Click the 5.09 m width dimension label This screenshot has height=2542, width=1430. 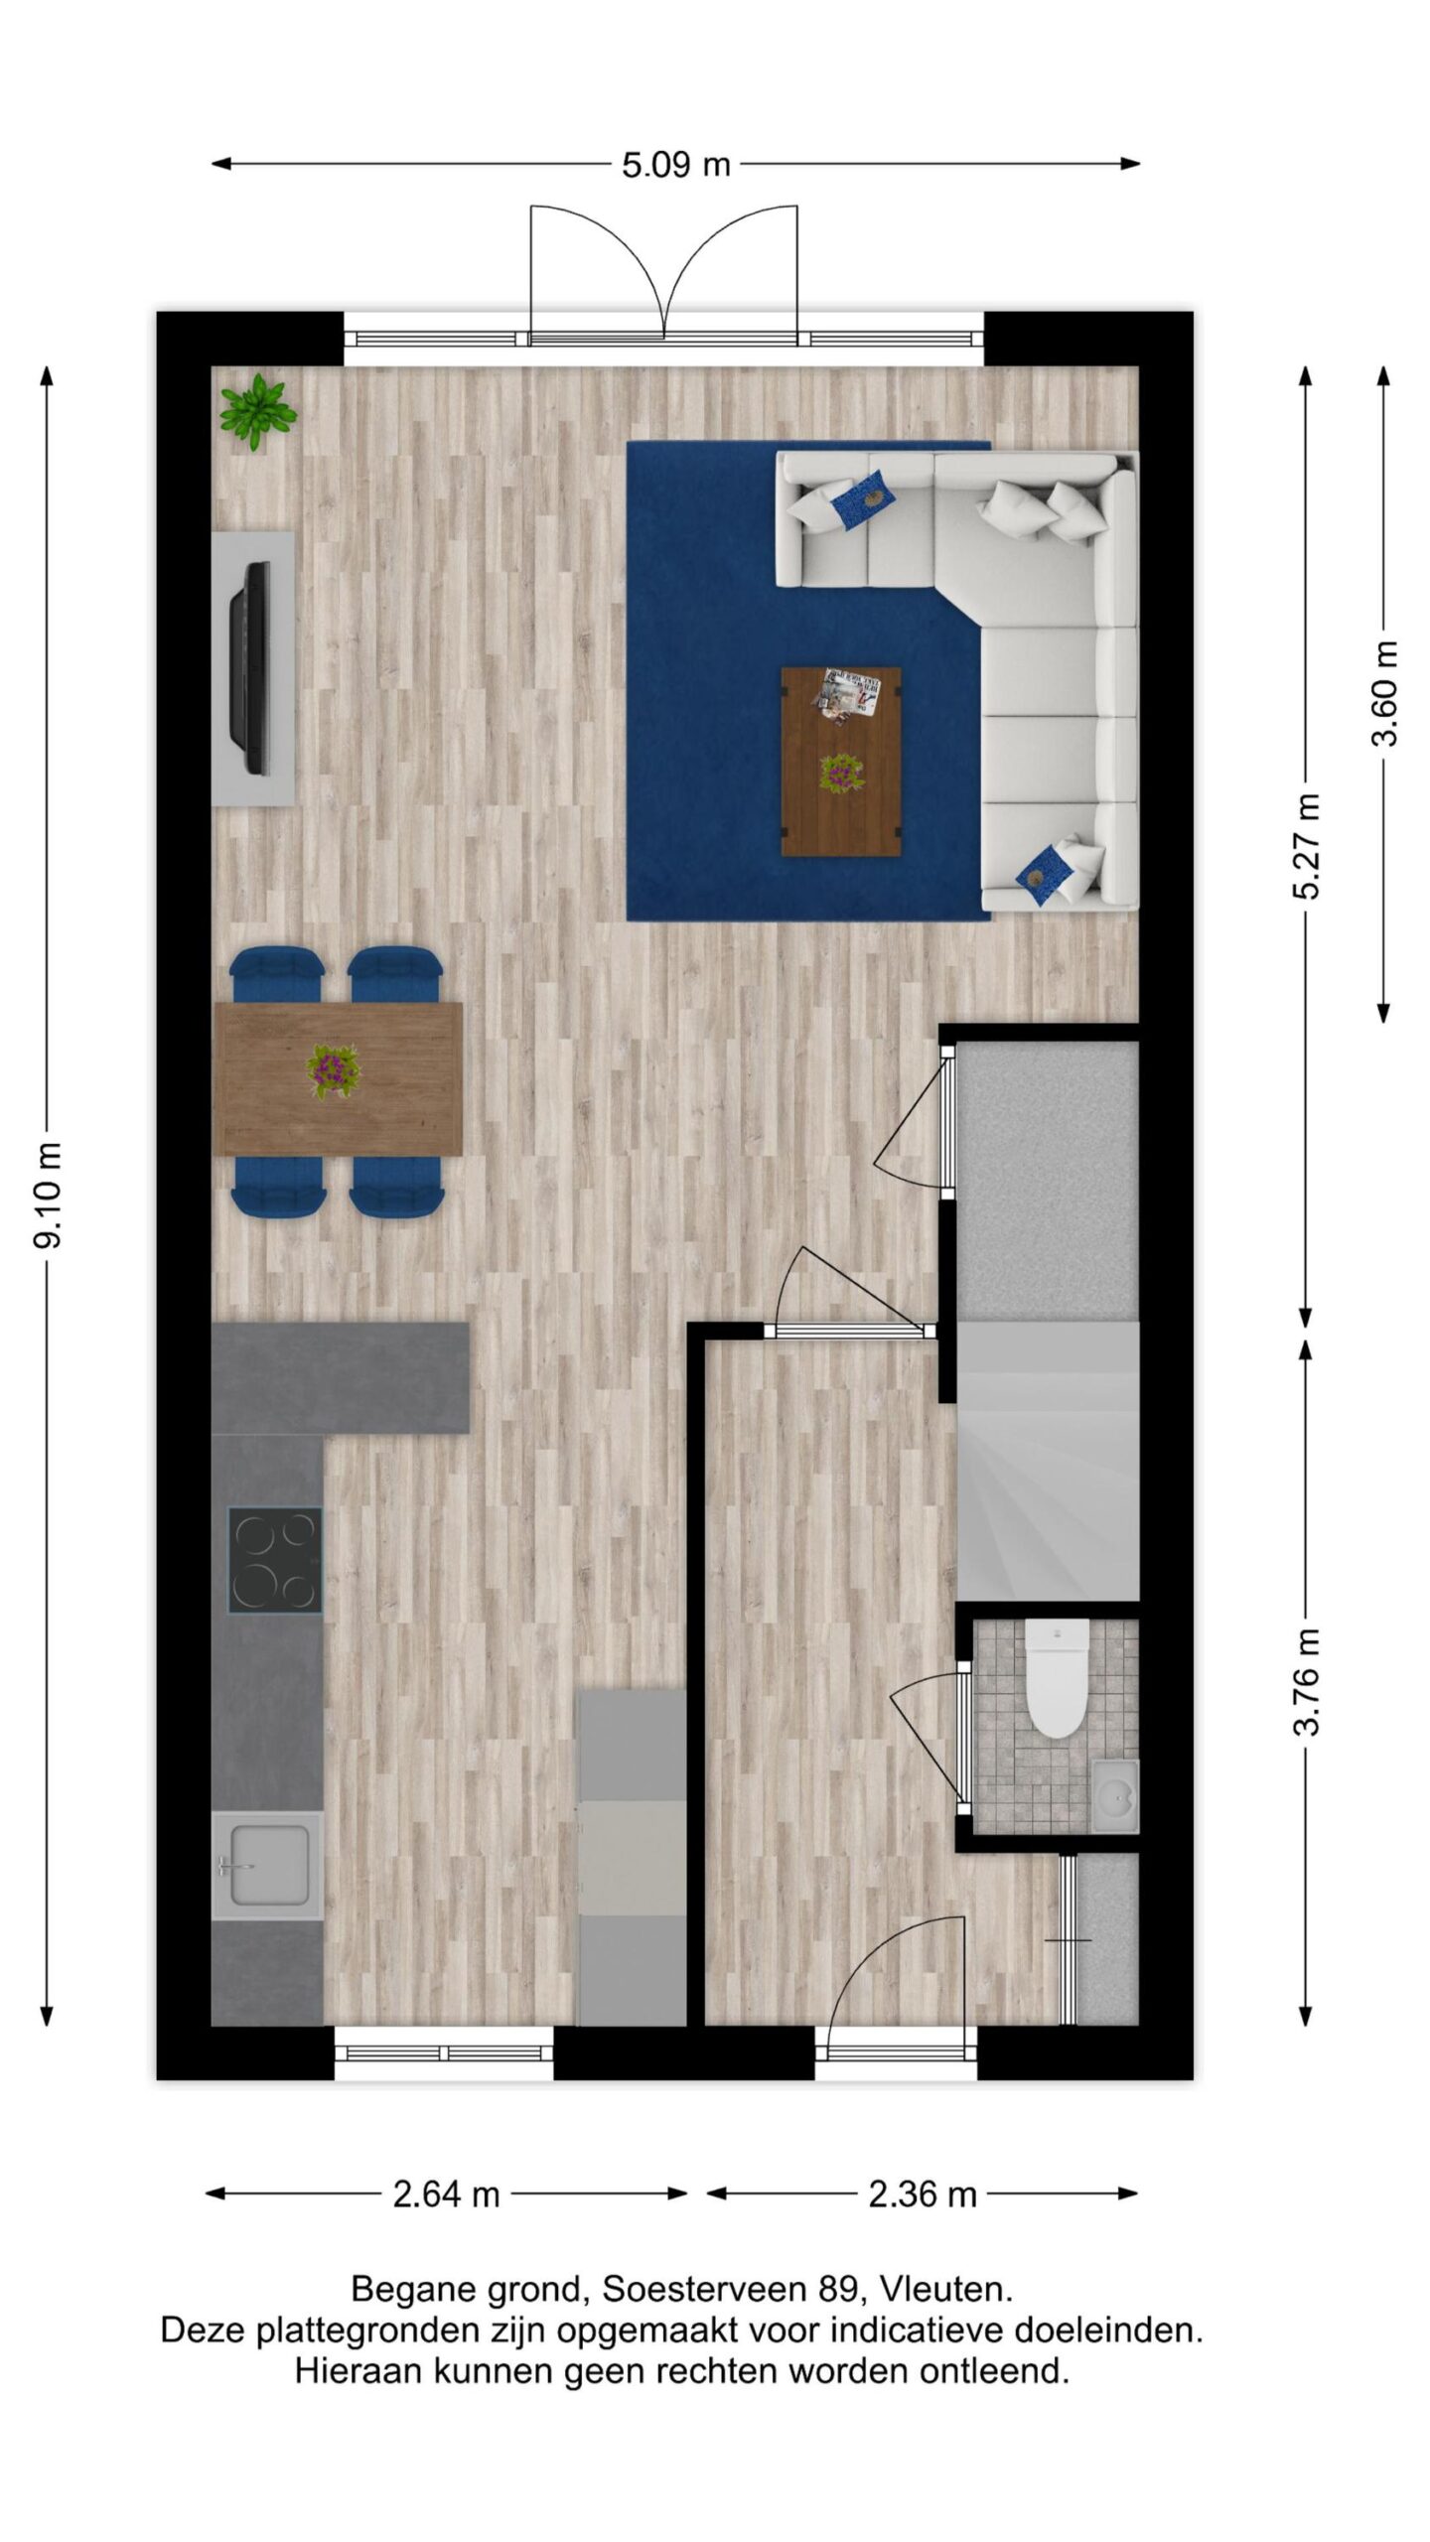(x=675, y=164)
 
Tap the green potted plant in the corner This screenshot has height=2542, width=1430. (x=258, y=411)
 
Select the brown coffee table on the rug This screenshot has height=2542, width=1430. (x=841, y=761)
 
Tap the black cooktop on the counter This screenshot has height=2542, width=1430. (x=275, y=1560)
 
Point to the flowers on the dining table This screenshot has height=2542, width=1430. (x=334, y=1070)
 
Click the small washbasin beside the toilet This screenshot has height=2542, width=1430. (x=1115, y=1795)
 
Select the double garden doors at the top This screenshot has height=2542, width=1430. (x=664, y=275)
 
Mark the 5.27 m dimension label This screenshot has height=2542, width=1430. (x=1307, y=846)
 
